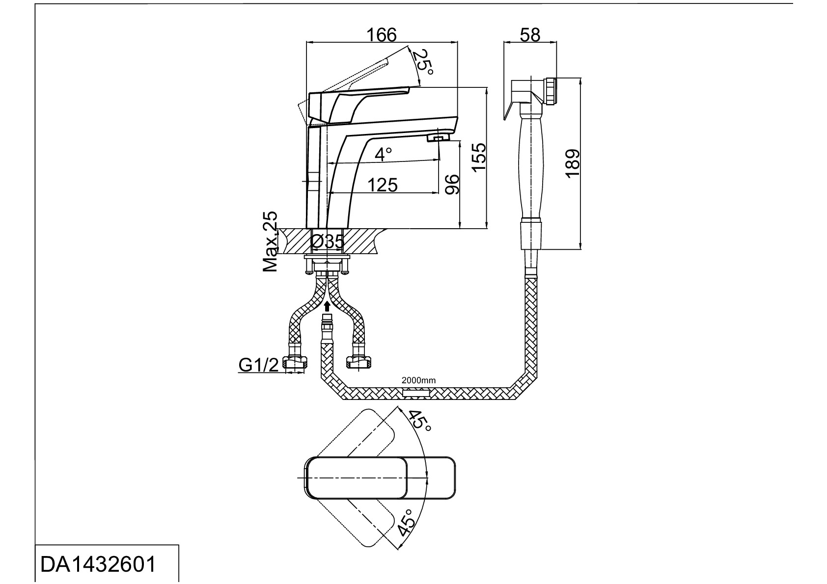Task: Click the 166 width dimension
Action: [x=382, y=35]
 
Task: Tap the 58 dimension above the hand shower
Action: [x=530, y=35]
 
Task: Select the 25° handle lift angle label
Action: [x=422, y=62]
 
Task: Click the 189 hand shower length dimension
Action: [x=572, y=163]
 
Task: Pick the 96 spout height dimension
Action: [x=451, y=185]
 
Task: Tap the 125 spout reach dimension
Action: [x=382, y=185]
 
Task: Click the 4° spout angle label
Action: [x=383, y=154]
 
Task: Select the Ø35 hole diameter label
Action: [x=328, y=241]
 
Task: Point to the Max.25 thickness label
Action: [x=270, y=242]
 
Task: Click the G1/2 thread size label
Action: [x=259, y=365]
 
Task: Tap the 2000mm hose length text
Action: [x=418, y=380]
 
